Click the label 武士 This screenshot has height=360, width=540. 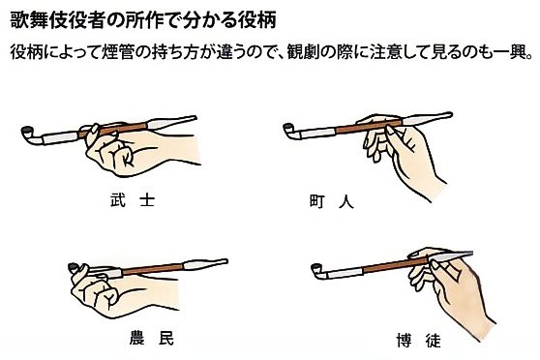(133, 199)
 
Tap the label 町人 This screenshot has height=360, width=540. (332, 201)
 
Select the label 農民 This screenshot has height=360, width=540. (152, 338)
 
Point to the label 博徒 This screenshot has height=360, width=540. (419, 341)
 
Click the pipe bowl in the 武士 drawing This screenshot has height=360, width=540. (26, 131)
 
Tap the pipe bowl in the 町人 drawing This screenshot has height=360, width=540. (287, 127)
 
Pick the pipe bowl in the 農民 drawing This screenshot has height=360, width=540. (73, 267)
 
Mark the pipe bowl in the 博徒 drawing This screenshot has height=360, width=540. (315, 267)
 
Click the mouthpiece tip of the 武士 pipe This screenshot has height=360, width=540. (195, 117)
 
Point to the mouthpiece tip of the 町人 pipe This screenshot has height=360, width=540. (451, 114)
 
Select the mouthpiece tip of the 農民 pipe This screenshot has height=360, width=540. (226, 260)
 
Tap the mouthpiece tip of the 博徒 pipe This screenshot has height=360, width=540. (471, 254)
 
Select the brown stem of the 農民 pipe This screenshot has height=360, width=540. (153, 269)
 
